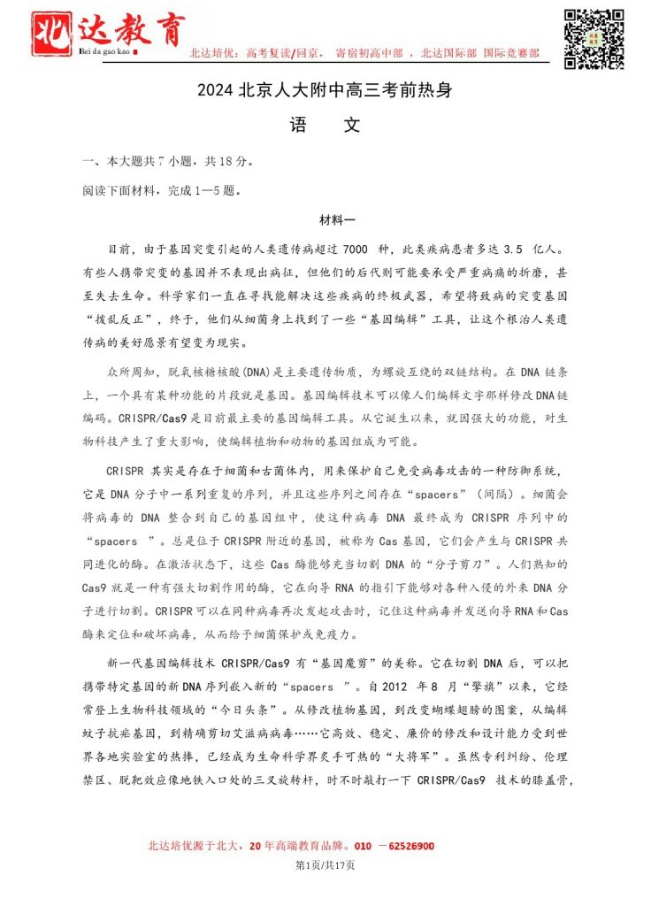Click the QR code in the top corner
point(594,38)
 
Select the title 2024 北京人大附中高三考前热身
point(325,91)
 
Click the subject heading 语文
point(325,126)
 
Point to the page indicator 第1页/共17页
point(325,864)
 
